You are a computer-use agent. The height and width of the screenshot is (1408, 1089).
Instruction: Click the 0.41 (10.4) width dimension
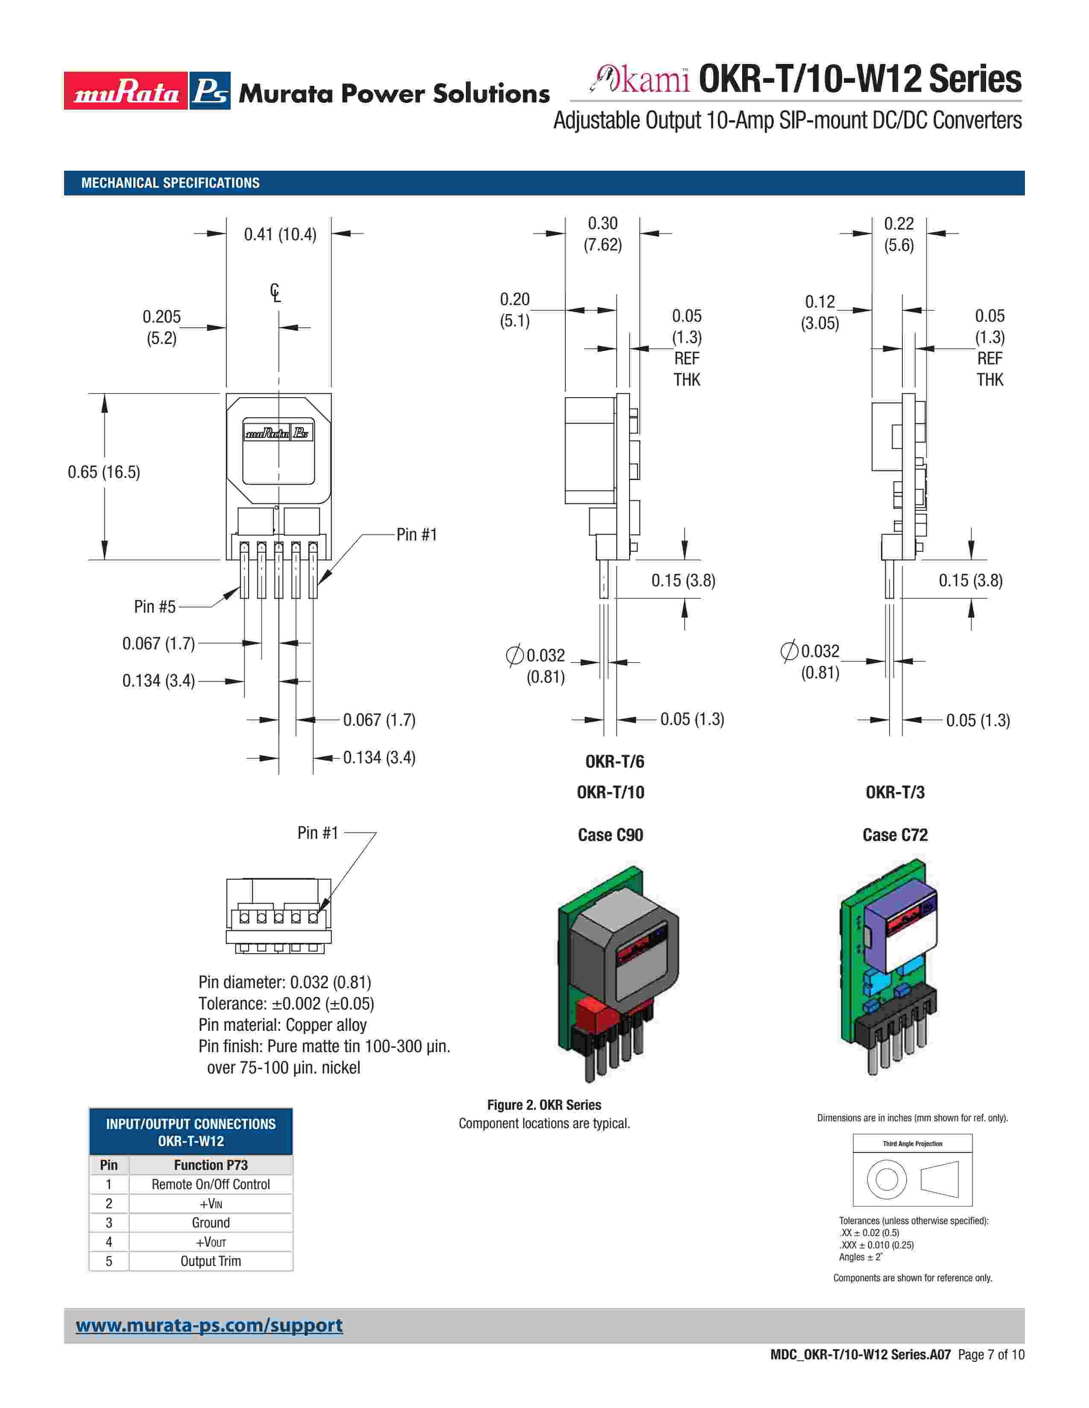[x=280, y=235]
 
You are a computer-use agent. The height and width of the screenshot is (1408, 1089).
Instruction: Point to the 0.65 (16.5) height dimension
[x=104, y=472]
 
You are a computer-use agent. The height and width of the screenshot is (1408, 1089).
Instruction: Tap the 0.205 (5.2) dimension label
[x=161, y=327]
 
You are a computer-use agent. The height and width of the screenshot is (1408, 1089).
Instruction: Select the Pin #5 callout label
[x=155, y=607]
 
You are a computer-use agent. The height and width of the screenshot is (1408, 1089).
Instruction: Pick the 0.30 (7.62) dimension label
[x=603, y=234]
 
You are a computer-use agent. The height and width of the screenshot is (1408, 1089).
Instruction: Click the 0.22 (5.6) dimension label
[x=899, y=234]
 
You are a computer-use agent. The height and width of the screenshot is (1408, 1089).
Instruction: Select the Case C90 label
[x=610, y=835]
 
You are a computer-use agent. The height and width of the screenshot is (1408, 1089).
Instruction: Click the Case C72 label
[x=895, y=835]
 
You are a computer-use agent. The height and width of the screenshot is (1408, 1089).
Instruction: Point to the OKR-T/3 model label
[x=895, y=792]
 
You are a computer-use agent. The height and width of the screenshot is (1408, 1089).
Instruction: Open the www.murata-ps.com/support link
[x=209, y=1326]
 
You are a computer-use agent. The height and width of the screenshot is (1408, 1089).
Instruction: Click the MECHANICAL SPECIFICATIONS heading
[x=170, y=183]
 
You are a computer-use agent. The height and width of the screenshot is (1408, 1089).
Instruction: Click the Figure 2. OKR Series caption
[x=544, y=1105]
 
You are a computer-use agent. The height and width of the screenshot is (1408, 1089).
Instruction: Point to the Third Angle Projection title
[x=912, y=1143]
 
